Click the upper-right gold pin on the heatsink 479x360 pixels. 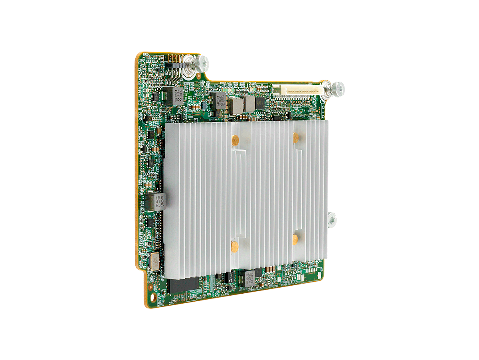coord(295,137)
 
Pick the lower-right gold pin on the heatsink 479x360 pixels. coord(295,239)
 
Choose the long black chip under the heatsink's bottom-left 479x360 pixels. coord(183,285)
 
